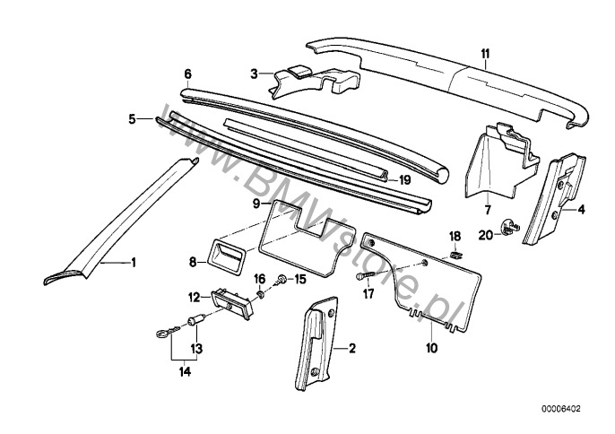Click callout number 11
484,53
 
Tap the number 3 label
254,74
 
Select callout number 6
187,74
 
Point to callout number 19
404,179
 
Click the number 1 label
134,263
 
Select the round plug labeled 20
509,230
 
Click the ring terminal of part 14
158,337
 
